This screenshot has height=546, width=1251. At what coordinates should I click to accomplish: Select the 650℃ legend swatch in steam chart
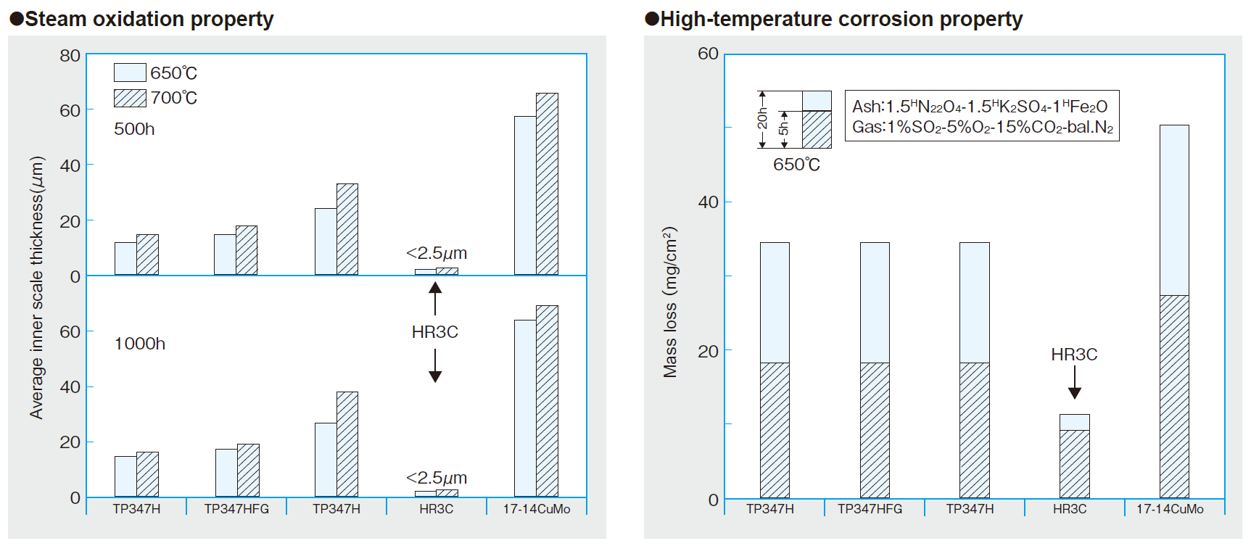pyautogui.click(x=130, y=73)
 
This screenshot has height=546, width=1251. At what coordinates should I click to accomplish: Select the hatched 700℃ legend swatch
pyautogui.click(x=130, y=98)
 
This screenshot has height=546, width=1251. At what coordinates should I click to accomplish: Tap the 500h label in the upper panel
pyautogui.click(x=134, y=129)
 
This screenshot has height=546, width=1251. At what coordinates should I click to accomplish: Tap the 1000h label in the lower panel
pyautogui.click(x=140, y=344)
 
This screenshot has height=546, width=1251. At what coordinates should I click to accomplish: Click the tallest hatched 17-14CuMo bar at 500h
pyautogui.click(x=547, y=184)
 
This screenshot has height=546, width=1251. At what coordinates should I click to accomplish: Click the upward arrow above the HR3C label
pyautogui.click(x=435, y=298)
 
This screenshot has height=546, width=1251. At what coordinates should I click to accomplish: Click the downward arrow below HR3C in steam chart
pyautogui.click(x=435, y=365)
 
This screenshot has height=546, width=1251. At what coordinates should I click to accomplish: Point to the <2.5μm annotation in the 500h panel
pyautogui.click(x=437, y=254)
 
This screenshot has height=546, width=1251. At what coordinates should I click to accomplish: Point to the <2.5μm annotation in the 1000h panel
pyautogui.click(x=437, y=478)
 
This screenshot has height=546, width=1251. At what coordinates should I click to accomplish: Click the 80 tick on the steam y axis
pyautogui.click(x=70, y=56)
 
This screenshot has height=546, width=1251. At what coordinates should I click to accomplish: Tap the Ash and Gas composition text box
pyautogui.click(x=981, y=116)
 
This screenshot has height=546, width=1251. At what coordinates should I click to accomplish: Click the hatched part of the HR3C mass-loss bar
pyautogui.click(x=1074, y=464)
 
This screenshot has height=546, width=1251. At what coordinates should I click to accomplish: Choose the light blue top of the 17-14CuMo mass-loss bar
pyautogui.click(x=1173, y=210)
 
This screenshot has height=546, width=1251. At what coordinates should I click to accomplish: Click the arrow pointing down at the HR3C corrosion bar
pyautogui.click(x=1075, y=382)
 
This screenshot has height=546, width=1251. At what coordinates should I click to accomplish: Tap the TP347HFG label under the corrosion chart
pyautogui.click(x=870, y=509)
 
